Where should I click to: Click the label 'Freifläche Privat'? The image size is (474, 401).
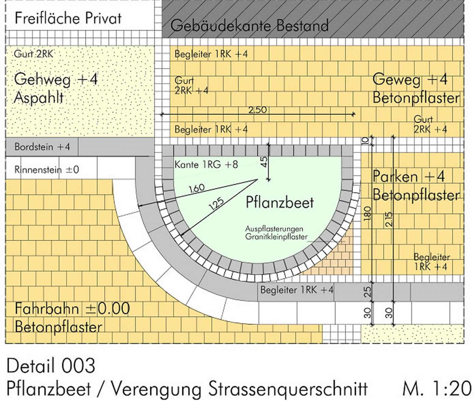[x=68, y=18]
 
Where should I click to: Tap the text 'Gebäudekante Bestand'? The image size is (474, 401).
[x=249, y=26]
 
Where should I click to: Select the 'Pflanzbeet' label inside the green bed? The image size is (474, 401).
[x=280, y=203]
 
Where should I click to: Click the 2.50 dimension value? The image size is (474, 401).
[x=258, y=110]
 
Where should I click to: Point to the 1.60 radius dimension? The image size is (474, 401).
[x=196, y=188]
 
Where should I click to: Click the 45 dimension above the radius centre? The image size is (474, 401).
[x=264, y=162]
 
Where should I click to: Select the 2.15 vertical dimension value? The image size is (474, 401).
[x=388, y=219]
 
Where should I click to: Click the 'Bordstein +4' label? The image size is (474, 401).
[x=42, y=147]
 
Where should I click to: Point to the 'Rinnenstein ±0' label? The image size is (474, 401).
[x=47, y=170]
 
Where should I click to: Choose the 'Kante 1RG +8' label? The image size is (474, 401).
[x=206, y=164]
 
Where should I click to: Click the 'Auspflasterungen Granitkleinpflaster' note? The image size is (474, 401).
[x=276, y=233]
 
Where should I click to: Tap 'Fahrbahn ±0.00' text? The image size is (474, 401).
[x=72, y=309]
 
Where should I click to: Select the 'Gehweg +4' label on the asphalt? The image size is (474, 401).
[x=56, y=79]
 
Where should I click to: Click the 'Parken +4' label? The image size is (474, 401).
[x=409, y=176]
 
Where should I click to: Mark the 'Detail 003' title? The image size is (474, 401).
[x=51, y=366]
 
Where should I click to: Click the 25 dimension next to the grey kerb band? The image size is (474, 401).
[x=367, y=292]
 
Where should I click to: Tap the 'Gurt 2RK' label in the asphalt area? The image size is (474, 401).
[x=34, y=54]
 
